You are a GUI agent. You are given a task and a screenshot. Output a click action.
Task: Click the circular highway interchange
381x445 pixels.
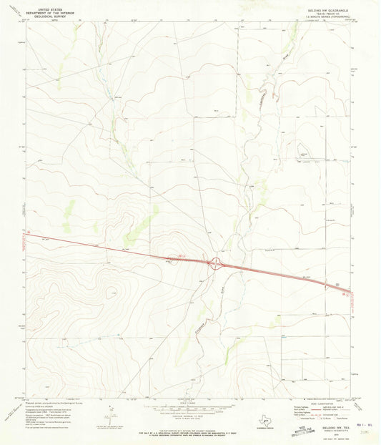214,264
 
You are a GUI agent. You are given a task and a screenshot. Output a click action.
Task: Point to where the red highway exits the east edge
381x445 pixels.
348,292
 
